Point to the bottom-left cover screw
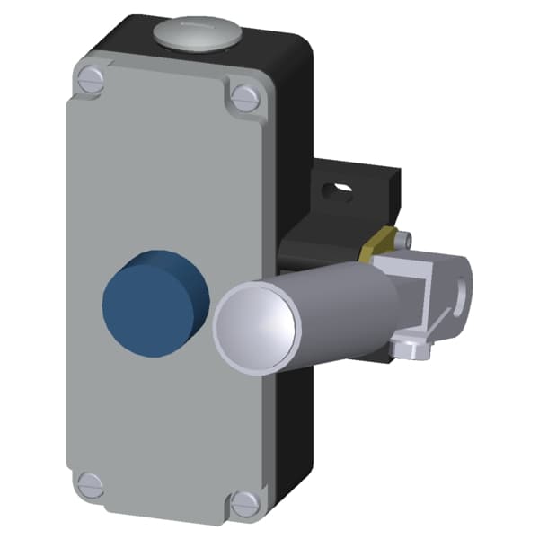click(90, 484)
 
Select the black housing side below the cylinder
click(296, 422)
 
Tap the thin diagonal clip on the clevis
click(440, 320)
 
